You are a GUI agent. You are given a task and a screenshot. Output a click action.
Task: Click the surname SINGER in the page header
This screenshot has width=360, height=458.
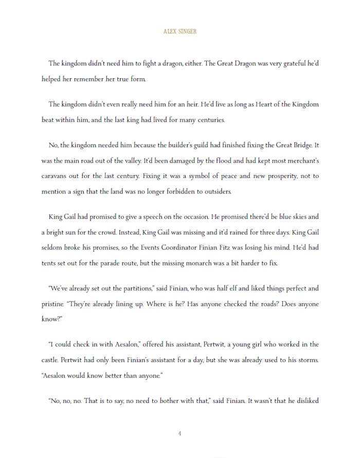[187, 31]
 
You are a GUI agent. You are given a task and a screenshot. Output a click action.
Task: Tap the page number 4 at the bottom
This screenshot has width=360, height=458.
[179, 433]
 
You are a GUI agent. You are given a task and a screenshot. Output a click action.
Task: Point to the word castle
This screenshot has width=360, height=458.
[50, 360]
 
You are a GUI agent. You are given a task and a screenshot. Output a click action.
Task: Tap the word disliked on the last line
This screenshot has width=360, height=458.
[306, 400]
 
